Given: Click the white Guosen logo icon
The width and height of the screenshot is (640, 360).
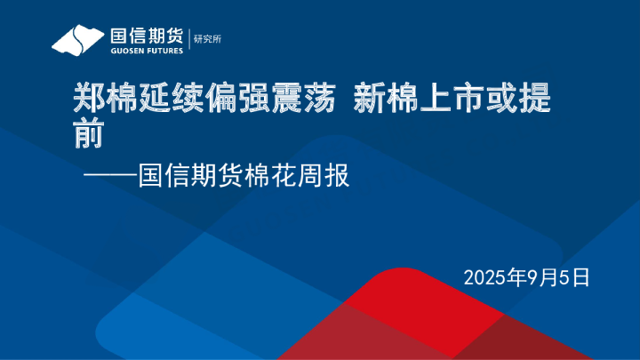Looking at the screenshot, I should pos(77,40).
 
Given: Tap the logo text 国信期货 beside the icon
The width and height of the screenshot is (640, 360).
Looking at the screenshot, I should pos(146,36).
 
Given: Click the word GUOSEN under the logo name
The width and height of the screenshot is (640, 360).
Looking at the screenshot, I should pos(125,51).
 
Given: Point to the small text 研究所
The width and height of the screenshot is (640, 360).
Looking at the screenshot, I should pos(206,38).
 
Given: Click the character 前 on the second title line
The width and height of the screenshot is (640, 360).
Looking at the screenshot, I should pos(86,134).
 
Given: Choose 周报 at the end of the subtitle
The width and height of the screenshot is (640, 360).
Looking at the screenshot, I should pos(324,175).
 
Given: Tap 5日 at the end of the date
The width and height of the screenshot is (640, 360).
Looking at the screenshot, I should pos(574,276).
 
